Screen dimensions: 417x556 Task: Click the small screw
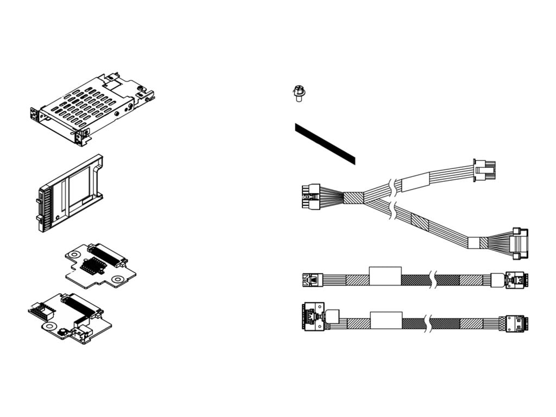click(297, 93)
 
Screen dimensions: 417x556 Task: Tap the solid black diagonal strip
click(325, 143)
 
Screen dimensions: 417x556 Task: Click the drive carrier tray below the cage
click(71, 193)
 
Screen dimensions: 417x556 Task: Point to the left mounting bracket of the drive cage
click(35, 115)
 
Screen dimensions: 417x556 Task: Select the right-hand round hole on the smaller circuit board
click(117, 279)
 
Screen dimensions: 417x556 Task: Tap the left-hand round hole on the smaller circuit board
click(75, 254)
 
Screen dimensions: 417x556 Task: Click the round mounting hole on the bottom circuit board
click(49, 327)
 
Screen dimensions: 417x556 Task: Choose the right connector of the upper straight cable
click(514, 280)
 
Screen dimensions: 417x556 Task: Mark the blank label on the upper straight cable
click(385, 276)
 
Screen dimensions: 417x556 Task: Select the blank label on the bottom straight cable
click(386, 320)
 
